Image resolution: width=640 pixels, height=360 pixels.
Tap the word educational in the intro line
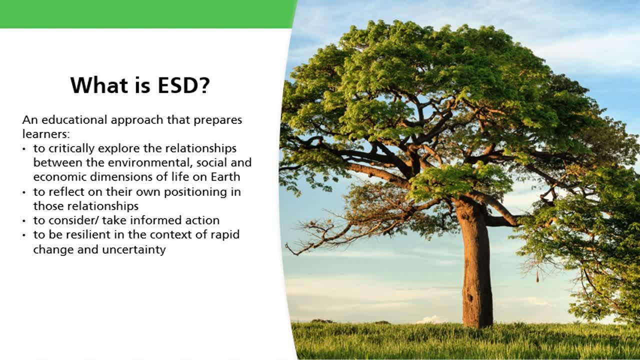[74, 120]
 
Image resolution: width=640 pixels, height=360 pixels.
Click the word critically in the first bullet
[71, 148]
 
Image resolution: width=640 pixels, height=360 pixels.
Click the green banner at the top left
[145, 13]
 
